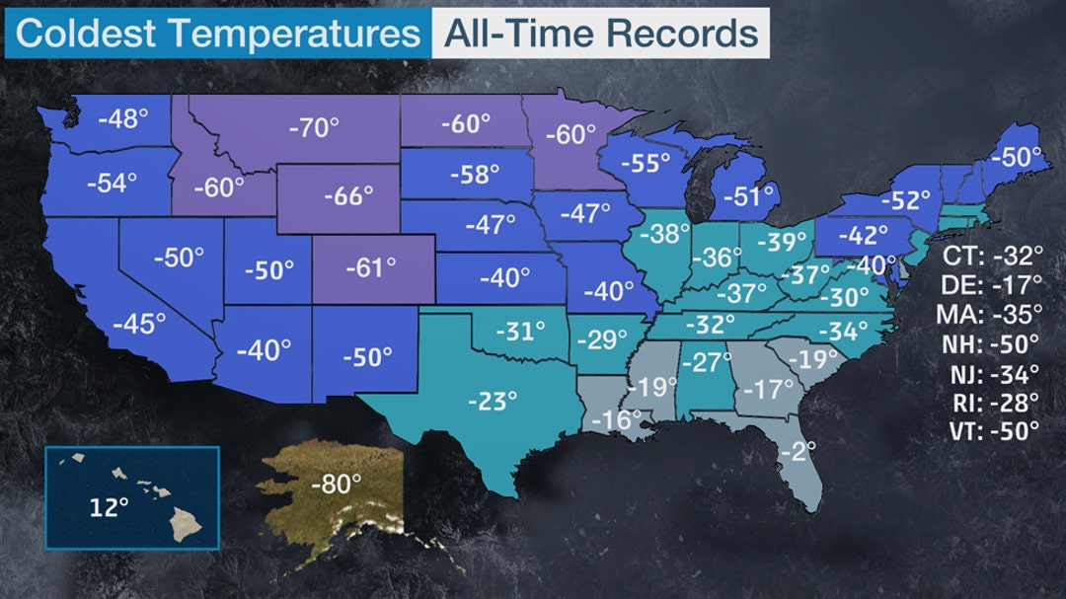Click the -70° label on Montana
point(314,128)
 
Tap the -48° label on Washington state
point(123,119)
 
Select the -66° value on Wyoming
point(348,194)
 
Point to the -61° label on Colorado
point(370,266)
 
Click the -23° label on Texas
point(492,401)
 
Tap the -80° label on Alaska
point(336,485)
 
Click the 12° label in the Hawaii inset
point(110,508)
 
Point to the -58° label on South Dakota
point(475,175)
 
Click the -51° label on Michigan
point(747,196)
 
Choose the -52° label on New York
point(906,199)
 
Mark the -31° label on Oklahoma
point(519,331)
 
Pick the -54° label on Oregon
point(112,183)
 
